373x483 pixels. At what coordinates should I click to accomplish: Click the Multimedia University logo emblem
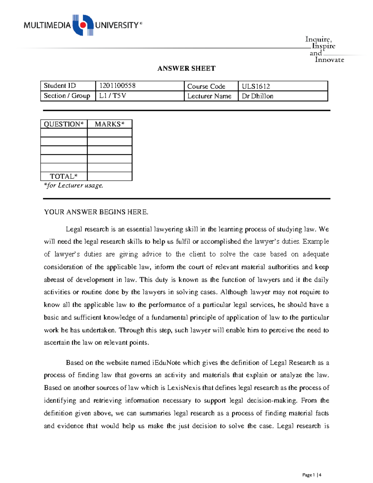pos(83,25)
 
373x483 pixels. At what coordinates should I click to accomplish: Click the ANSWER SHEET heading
pos(186,68)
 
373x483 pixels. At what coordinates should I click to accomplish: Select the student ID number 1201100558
pos(117,86)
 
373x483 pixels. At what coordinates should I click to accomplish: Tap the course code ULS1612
pos(256,86)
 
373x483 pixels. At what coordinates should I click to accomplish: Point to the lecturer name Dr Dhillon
pos(257,96)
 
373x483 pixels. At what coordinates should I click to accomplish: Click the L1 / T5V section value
pos(113,96)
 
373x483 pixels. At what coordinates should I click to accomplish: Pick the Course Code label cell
pos(206,86)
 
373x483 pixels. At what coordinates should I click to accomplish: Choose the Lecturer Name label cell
pos(209,96)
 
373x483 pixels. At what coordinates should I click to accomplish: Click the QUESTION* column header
pos(64,124)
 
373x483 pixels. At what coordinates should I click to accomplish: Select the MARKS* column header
pos(109,124)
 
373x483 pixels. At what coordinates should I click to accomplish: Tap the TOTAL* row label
pos(64,176)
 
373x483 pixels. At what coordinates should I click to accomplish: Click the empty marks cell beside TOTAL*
pos(109,176)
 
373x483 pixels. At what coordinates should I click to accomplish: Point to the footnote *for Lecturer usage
pos(73,185)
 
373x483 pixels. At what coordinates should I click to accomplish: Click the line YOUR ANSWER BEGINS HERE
pos(96,212)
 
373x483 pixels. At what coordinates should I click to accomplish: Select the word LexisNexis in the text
pos(184,388)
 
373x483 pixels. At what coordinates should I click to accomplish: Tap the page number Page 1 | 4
pos(312,475)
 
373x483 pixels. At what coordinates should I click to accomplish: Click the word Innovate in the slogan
pos(329,60)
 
